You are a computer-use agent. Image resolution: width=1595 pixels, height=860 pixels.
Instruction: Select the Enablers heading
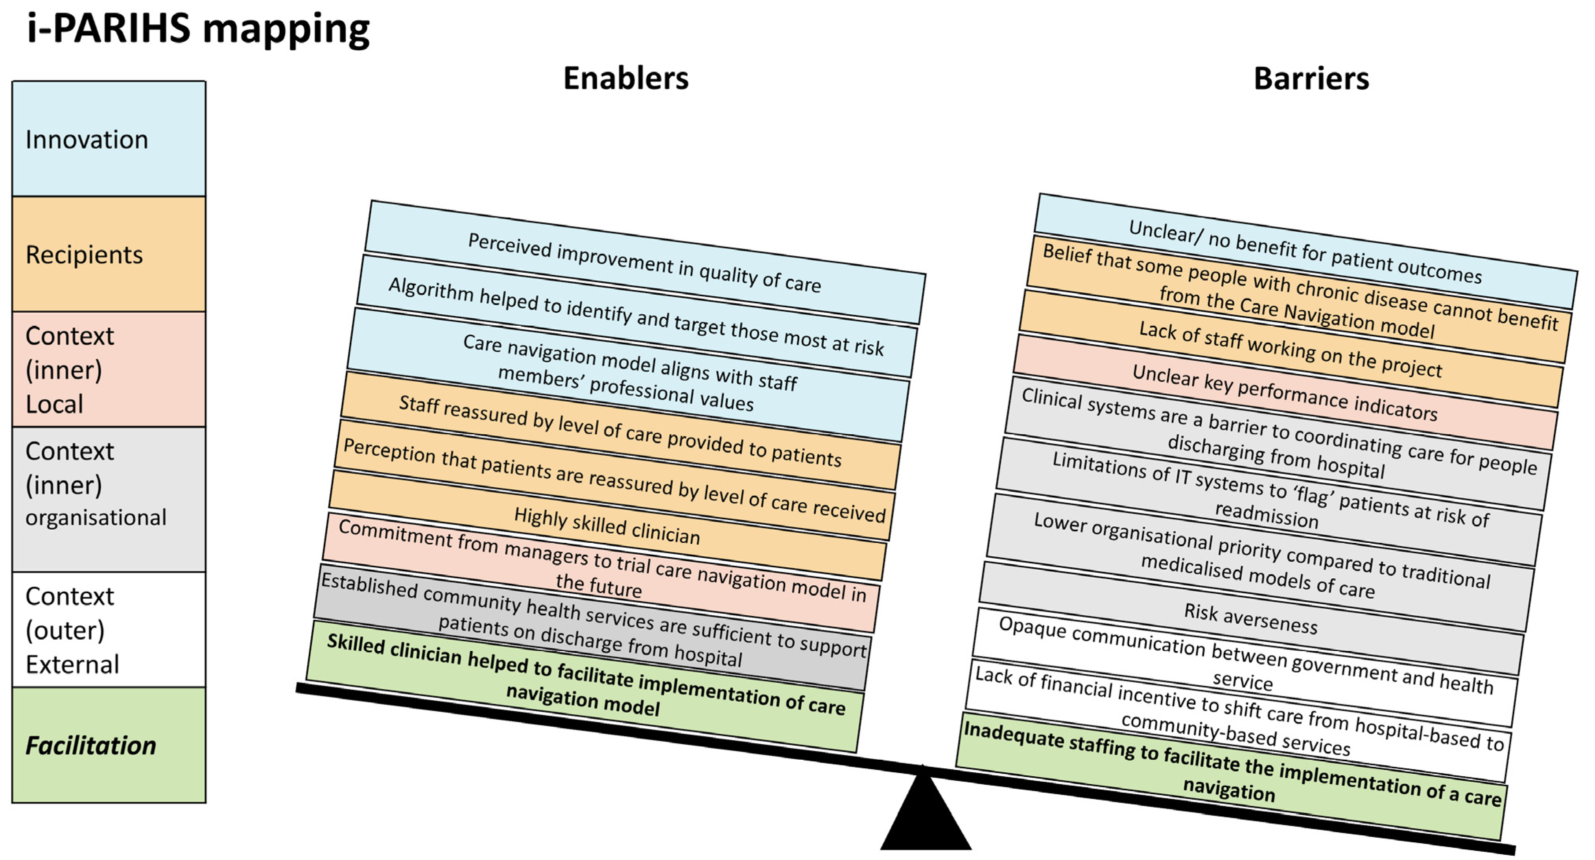[x=625, y=79]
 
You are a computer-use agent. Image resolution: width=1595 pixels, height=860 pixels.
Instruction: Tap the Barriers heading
[x=1311, y=79]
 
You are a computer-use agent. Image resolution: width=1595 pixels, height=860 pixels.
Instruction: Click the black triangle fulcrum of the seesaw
[x=925, y=817]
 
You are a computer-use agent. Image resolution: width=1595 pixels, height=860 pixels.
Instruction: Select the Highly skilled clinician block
[x=607, y=526]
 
